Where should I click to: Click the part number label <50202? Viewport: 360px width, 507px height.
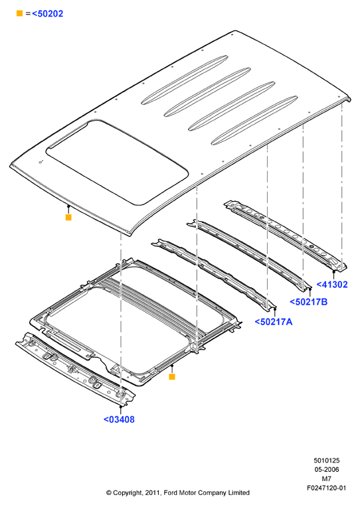(47, 14)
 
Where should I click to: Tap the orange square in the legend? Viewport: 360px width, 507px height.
(20, 13)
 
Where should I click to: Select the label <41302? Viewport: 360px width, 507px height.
(332, 285)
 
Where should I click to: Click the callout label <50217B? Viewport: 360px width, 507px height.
(309, 302)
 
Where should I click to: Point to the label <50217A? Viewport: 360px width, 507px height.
(274, 322)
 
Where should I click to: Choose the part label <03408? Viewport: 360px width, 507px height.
(119, 419)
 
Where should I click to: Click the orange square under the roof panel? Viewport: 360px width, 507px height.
(68, 217)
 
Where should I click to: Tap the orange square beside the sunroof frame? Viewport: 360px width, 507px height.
(172, 377)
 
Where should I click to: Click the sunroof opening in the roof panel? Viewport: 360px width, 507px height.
(117, 162)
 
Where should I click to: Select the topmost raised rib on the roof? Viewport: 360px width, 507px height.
(185, 80)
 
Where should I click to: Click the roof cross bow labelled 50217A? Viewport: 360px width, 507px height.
(215, 275)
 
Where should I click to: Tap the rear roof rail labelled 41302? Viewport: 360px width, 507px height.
(286, 235)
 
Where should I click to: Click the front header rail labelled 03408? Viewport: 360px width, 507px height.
(76, 368)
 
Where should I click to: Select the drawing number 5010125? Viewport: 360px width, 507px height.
(326, 461)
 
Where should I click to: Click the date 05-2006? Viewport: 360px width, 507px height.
(326, 469)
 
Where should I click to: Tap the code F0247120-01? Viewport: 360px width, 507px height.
(326, 488)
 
